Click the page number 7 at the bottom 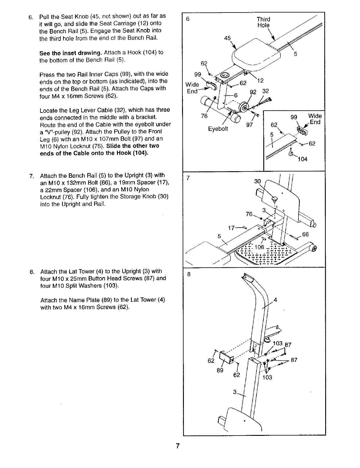pos(177,446)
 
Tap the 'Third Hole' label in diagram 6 pos(263,22)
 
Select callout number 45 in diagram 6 pos(227,38)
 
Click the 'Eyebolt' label pos(218,129)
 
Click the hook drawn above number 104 pos(291,153)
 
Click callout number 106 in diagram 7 pos(259,247)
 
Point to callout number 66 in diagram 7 pos(306,234)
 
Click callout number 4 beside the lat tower pos(275,300)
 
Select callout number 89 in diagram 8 pos(220,370)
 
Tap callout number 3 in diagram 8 pos(235,392)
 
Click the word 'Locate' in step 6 pos(48,110)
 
